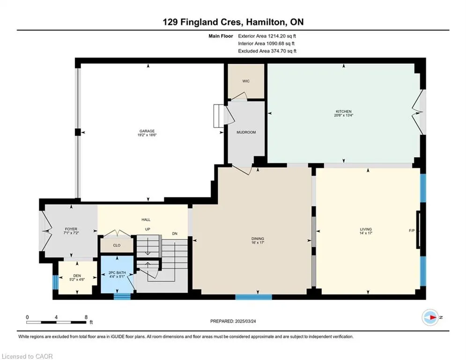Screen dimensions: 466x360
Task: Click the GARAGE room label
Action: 147,131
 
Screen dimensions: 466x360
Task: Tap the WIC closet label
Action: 246,81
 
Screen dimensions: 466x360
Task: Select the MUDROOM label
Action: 246,132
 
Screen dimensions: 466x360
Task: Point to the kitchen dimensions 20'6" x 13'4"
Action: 344,115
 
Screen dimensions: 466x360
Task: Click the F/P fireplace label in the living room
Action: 412,231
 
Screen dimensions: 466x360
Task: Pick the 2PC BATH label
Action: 117,272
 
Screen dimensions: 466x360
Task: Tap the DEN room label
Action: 77,276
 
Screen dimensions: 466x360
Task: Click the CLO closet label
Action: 117,245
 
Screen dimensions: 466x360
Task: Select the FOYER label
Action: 71,229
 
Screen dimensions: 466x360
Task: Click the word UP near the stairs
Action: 148,229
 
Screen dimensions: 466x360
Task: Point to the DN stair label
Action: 175,233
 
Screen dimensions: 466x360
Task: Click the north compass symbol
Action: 430,317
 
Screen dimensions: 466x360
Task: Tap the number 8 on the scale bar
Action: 86,317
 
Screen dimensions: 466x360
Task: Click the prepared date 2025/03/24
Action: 245,321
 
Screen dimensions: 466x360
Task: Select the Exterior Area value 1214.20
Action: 277,36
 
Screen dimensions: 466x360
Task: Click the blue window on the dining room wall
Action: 253,297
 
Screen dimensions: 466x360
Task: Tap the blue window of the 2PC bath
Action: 122,296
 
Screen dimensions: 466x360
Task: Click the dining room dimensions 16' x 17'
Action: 258,242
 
